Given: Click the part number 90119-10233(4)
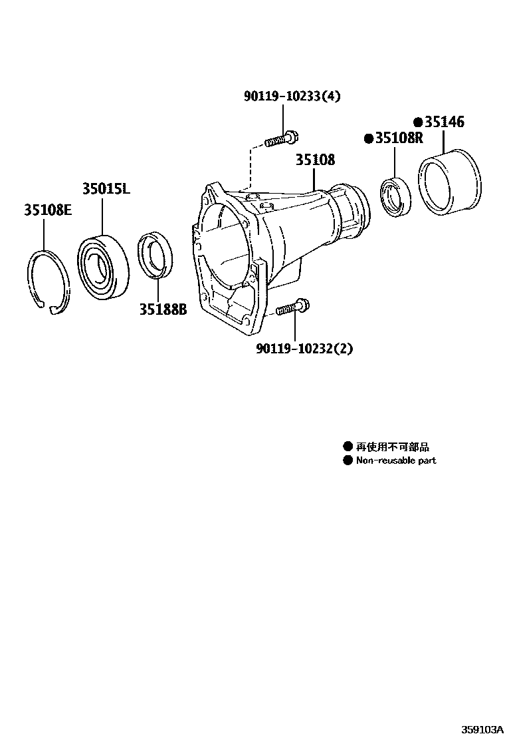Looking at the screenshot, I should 292,96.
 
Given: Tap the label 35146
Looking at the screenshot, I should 445,122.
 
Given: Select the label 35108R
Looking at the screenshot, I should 399,138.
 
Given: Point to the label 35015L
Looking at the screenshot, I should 106,189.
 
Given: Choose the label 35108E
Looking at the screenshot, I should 48,210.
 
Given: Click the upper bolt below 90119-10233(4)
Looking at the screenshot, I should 282,140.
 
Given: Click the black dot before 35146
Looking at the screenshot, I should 418,122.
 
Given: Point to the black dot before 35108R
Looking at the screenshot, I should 367,138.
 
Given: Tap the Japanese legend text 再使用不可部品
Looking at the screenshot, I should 388,447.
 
